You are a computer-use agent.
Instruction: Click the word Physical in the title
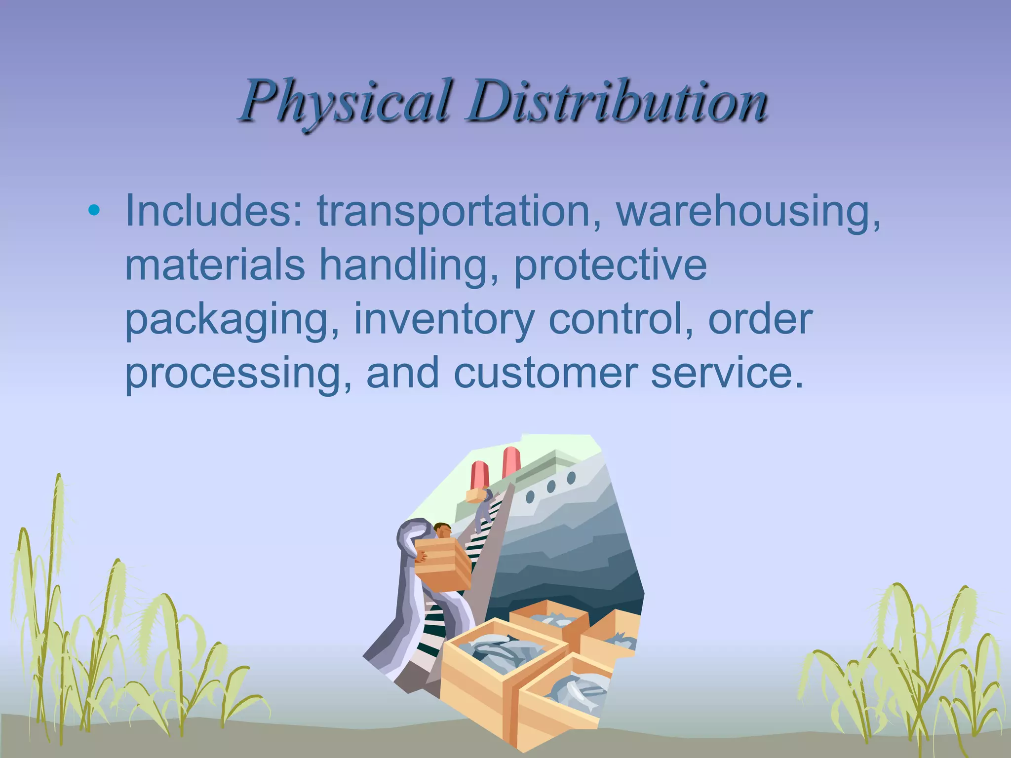[x=346, y=101]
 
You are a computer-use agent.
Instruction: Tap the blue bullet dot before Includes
[x=93, y=212]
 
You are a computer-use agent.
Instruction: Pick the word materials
[x=215, y=265]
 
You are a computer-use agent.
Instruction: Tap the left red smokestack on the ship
[x=480, y=474]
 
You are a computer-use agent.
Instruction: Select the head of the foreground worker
[x=442, y=530]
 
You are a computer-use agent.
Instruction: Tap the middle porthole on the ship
[x=551, y=487]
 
